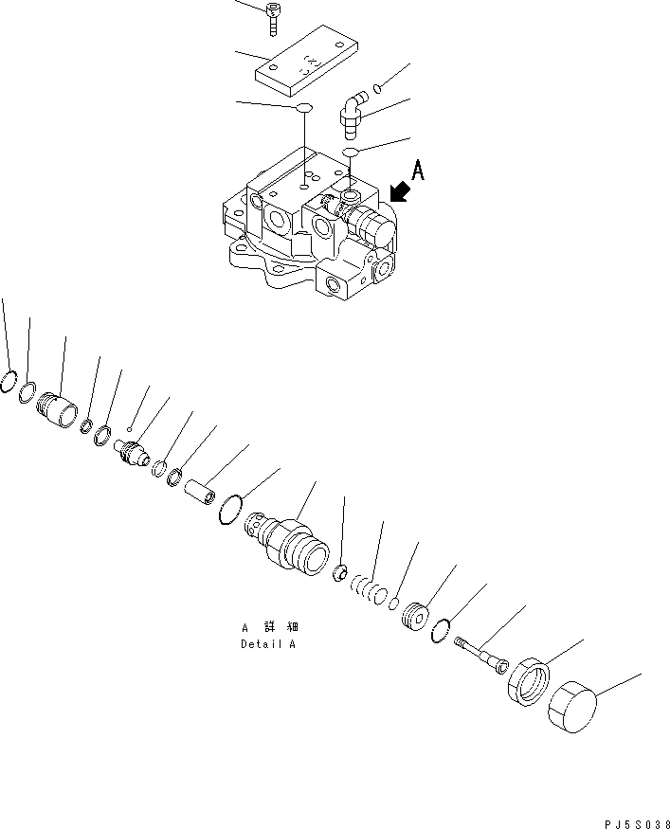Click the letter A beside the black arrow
(419, 171)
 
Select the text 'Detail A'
(267, 644)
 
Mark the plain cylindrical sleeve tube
(203, 494)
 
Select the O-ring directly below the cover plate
(303, 109)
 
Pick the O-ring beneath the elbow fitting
(351, 152)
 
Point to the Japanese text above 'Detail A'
(268, 627)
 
